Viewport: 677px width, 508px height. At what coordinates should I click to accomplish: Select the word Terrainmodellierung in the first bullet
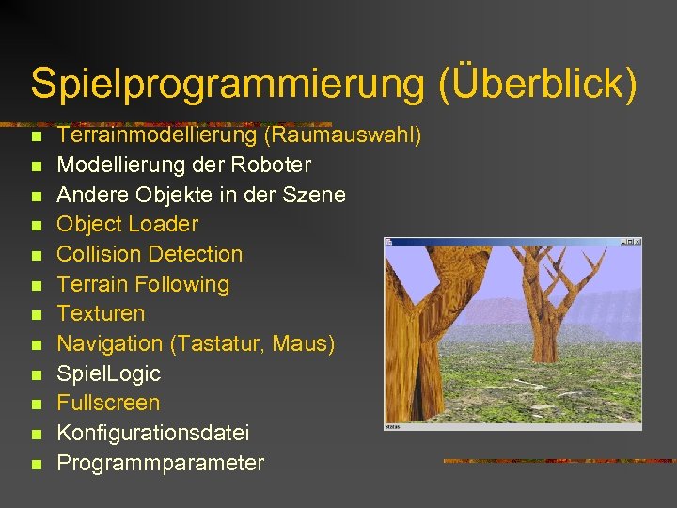point(157,135)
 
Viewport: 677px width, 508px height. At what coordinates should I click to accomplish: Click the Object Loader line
point(128,224)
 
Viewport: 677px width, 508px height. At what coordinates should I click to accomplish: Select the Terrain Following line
point(143,284)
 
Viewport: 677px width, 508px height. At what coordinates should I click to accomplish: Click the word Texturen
point(101,313)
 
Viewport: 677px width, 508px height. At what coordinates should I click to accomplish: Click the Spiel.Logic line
point(108,373)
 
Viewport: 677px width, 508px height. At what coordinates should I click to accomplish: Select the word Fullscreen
point(108,403)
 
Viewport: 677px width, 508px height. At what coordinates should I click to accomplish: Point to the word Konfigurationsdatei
point(153,433)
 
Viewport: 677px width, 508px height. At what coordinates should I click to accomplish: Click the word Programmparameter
point(161,463)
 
